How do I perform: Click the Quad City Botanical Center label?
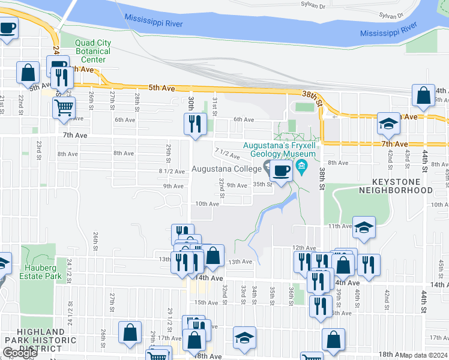(x=93, y=51)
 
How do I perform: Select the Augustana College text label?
(x=226, y=169)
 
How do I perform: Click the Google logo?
(x=20, y=353)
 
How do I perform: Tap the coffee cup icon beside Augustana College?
(x=280, y=172)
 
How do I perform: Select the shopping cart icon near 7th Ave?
(x=64, y=109)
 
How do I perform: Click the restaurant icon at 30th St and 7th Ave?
(x=195, y=124)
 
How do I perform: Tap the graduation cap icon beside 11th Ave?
(x=364, y=228)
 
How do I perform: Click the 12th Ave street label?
(x=304, y=247)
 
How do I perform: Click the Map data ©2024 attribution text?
(x=424, y=355)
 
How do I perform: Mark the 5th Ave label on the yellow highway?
(x=161, y=88)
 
